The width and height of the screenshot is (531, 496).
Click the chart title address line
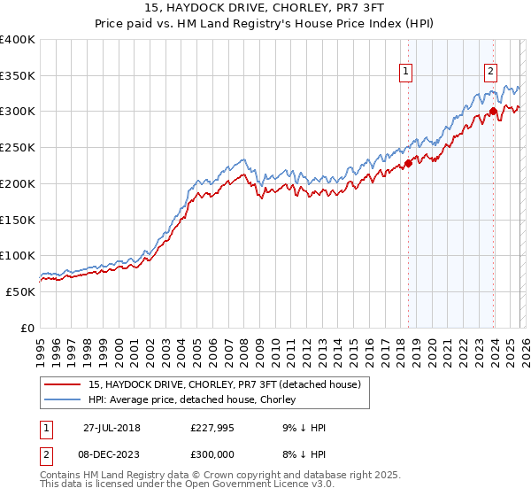(x=265, y=8)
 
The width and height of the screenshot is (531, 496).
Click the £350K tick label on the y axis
(x=18, y=76)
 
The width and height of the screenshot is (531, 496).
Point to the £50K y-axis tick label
(x=20, y=291)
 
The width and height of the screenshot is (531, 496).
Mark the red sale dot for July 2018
(x=408, y=163)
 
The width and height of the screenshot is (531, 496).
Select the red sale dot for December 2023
(x=492, y=112)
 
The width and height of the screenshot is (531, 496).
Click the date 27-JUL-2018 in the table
(x=112, y=428)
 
